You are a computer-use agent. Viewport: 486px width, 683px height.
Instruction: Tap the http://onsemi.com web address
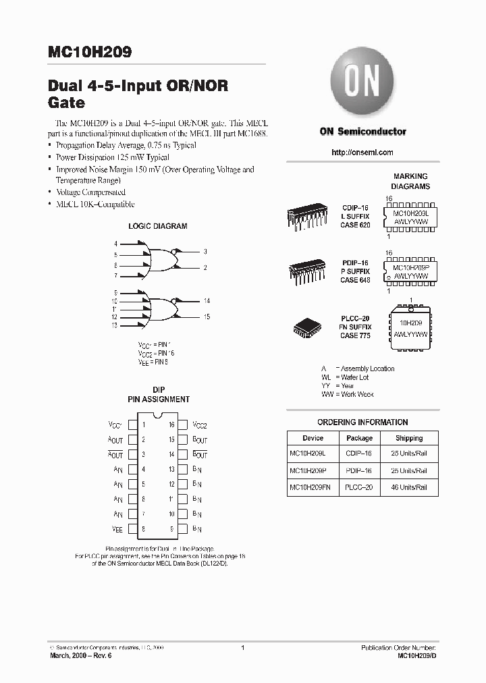click(x=362, y=153)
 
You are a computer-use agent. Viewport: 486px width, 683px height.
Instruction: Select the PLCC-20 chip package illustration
click(x=309, y=327)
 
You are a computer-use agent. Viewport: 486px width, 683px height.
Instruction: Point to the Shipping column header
click(x=409, y=438)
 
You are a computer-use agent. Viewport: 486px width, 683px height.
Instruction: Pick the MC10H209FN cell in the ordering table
click(x=313, y=487)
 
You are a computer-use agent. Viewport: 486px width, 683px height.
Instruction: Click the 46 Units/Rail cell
click(x=409, y=487)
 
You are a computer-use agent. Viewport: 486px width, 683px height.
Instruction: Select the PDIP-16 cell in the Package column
click(x=359, y=470)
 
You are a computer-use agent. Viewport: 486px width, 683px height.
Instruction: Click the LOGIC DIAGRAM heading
click(x=158, y=227)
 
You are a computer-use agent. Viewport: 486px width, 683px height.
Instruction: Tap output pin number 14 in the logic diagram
click(x=207, y=300)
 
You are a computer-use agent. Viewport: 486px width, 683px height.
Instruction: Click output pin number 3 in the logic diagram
click(x=205, y=252)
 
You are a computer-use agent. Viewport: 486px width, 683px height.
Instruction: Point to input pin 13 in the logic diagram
click(x=115, y=325)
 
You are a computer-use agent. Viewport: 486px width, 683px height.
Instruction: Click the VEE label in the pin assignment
click(x=117, y=529)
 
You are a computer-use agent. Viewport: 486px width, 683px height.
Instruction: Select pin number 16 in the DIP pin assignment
click(x=172, y=425)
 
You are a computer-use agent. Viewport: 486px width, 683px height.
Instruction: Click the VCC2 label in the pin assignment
click(x=200, y=425)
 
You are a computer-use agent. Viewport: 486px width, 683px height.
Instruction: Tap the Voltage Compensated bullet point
click(x=90, y=192)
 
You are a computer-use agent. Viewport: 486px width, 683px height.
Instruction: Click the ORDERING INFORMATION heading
click(x=362, y=422)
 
